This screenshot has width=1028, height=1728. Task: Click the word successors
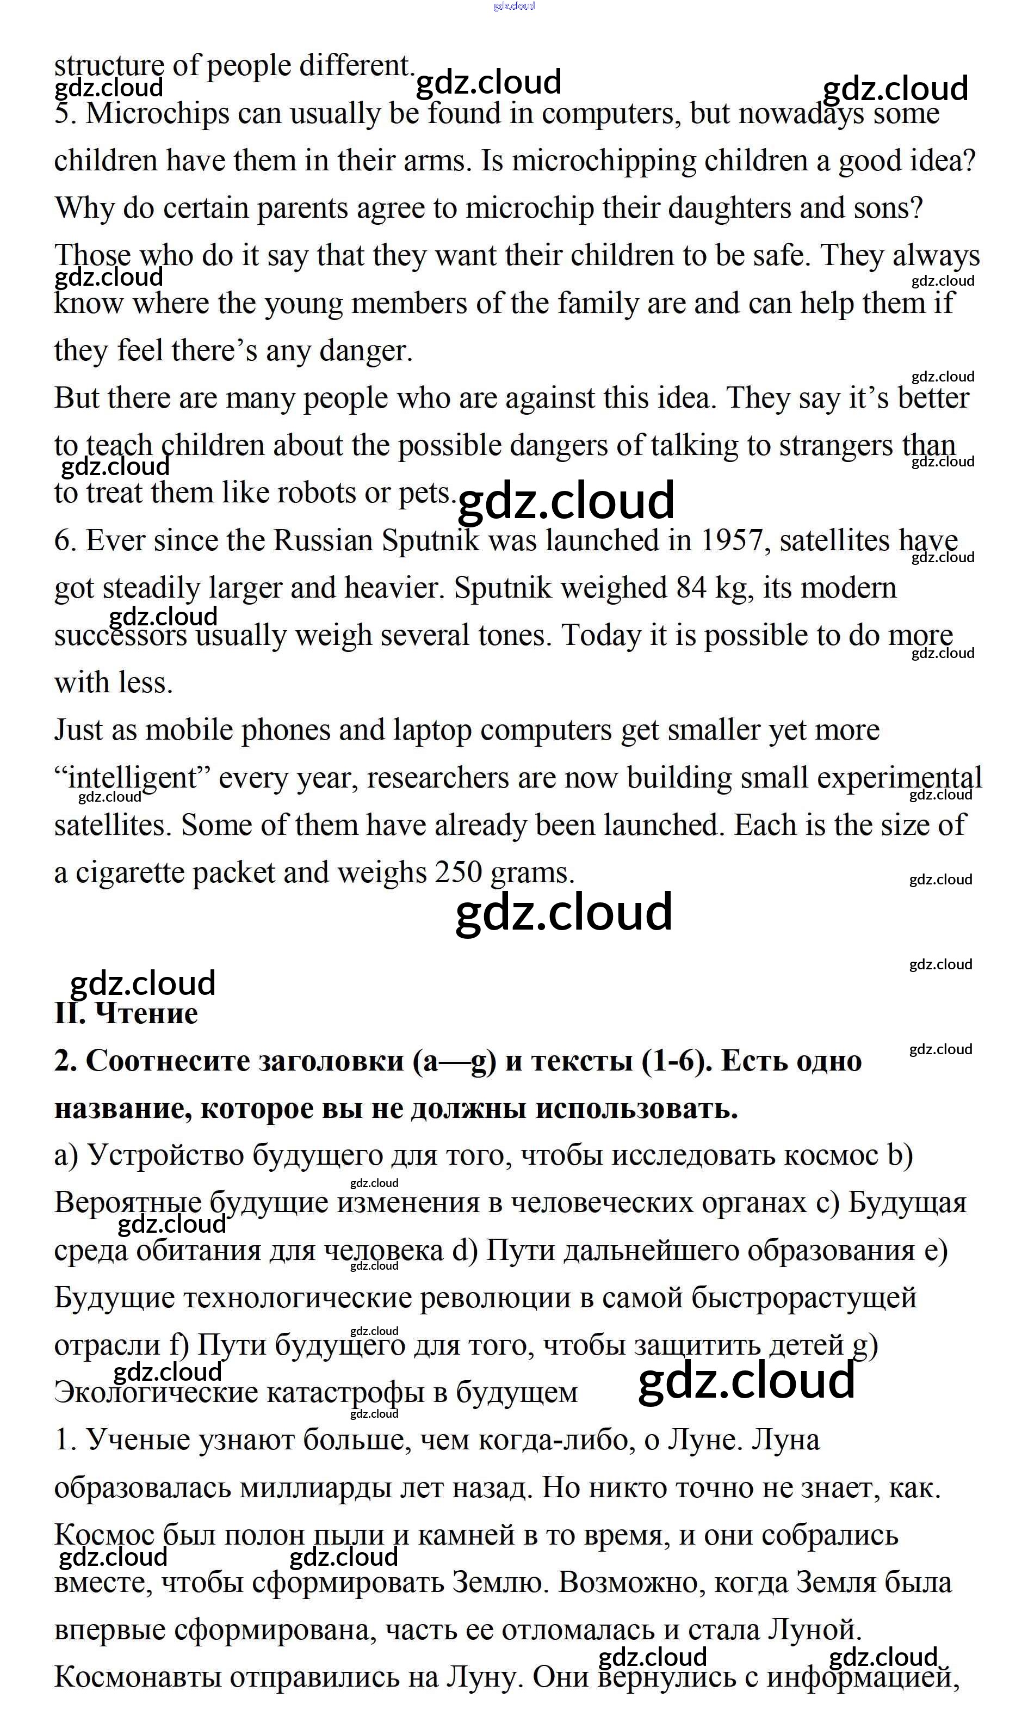pyautogui.click(x=121, y=636)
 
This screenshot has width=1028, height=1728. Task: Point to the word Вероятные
pyautogui.click(x=127, y=1203)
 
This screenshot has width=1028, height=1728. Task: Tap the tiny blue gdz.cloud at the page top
pyautogui.click(x=513, y=6)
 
